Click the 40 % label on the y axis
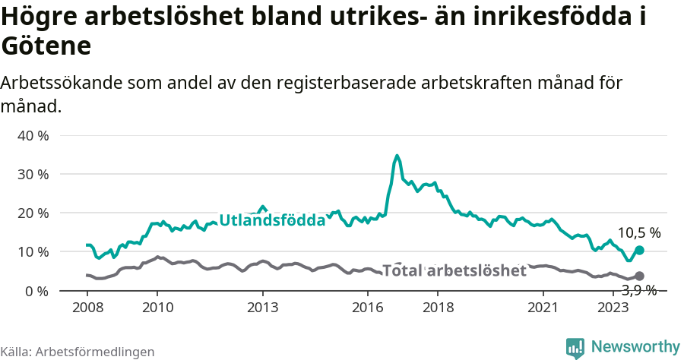coord(33,135)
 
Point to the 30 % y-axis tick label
coord(33,174)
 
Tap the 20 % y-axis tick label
coord(33,213)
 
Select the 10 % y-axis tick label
coord(33,251)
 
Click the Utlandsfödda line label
coord(272,220)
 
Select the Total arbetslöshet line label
coord(454,270)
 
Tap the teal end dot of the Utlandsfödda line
coord(639,250)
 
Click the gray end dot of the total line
coord(639,276)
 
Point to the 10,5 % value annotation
coord(639,232)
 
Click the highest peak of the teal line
coord(397,156)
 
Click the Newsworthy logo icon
coord(575,347)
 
